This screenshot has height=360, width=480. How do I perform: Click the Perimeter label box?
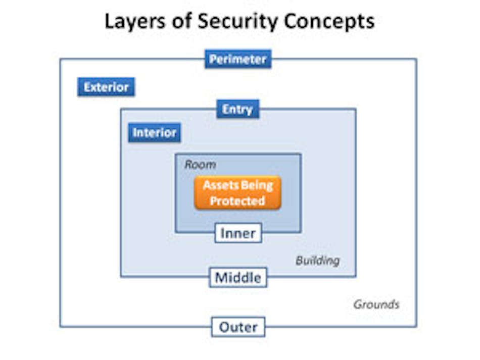tap(238, 60)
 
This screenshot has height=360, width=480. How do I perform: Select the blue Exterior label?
tap(106, 87)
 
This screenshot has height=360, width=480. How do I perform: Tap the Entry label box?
tap(237, 109)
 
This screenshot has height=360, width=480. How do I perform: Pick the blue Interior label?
tap(154, 133)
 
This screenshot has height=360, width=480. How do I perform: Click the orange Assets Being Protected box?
tap(237, 193)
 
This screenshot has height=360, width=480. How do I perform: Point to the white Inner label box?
tap(238, 233)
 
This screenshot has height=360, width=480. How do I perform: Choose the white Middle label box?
tap(238, 277)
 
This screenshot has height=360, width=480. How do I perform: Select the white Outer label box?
tap(238, 327)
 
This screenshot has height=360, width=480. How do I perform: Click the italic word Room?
tap(200, 165)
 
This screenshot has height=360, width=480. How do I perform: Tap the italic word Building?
tap(317, 261)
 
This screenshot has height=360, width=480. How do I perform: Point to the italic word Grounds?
tap(376, 304)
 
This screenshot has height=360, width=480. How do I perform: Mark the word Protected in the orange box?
tap(237, 201)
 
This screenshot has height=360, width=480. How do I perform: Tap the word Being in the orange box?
tap(257, 185)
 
